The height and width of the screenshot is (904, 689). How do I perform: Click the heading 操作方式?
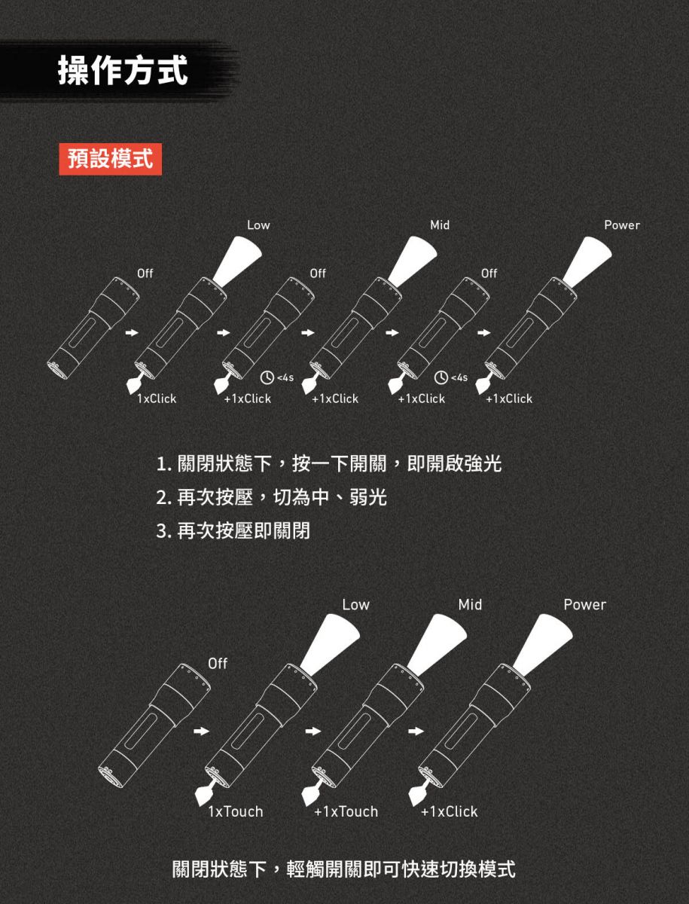(x=123, y=70)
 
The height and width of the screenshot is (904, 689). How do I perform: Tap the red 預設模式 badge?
(x=110, y=159)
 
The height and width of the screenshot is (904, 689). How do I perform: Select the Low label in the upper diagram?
(x=258, y=224)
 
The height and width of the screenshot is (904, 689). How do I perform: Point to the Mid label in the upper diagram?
(x=440, y=224)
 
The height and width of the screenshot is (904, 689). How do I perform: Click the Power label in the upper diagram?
(x=622, y=224)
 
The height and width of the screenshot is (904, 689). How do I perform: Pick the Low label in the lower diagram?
(x=356, y=605)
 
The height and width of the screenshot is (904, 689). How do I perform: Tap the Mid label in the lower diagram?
(x=470, y=605)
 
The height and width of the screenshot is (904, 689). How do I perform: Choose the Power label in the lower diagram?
(x=585, y=605)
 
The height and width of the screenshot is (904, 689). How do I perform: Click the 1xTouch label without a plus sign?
(x=236, y=811)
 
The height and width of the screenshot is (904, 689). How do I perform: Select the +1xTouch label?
(x=346, y=811)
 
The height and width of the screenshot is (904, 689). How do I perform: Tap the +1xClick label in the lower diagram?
(x=449, y=811)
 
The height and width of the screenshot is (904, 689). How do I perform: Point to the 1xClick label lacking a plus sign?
(x=157, y=399)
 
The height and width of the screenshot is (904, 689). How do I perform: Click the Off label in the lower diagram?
(x=218, y=664)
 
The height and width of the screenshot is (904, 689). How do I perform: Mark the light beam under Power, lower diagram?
(x=544, y=643)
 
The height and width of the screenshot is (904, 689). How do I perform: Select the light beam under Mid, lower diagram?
(x=437, y=643)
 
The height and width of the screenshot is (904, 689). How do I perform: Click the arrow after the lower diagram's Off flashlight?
(x=202, y=731)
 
